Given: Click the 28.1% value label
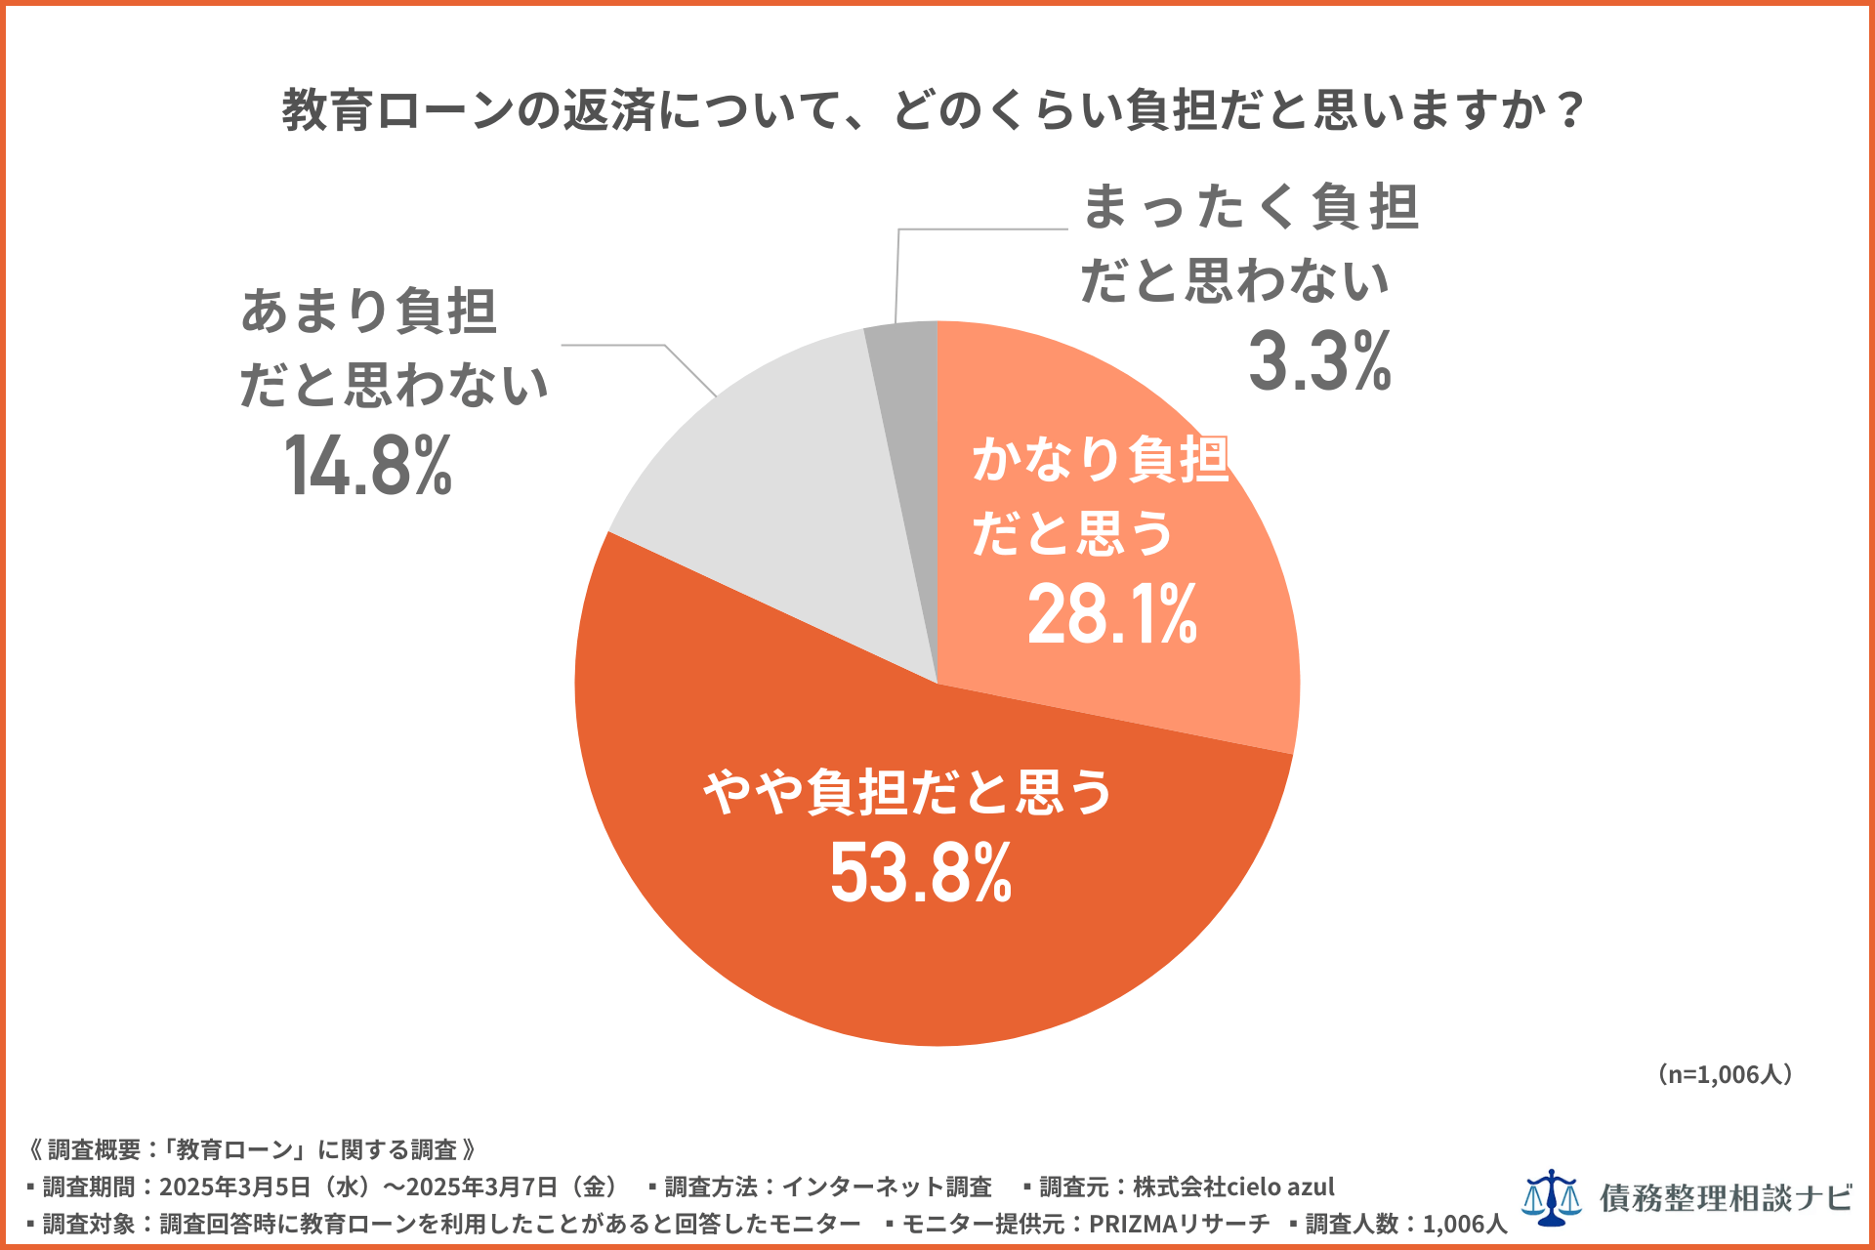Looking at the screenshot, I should tap(1111, 614).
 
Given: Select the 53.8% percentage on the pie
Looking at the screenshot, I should tap(921, 872).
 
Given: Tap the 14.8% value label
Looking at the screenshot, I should tap(368, 466).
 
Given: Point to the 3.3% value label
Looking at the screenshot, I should tap(1319, 361).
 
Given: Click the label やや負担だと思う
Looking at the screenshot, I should tap(908, 791).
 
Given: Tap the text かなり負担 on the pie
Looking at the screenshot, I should tap(1100, 459).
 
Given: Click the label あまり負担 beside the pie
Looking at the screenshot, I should tap(369, 312).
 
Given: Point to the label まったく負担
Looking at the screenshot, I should tap(1250, 207).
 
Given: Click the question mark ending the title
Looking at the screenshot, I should tap(1570, 109).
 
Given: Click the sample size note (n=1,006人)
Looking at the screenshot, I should tap(1725, 1074).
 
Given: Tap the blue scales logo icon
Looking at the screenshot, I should tap(1551, 1197).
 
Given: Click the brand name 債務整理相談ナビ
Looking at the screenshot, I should tap(1726, 1197).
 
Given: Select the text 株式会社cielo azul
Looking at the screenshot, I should tap(1232, 1187).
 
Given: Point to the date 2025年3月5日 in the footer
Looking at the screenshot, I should tap(234, 1187).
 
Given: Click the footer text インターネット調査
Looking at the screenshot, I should tap(886, 1187).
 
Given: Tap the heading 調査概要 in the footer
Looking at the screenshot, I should tap(95, 1149).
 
